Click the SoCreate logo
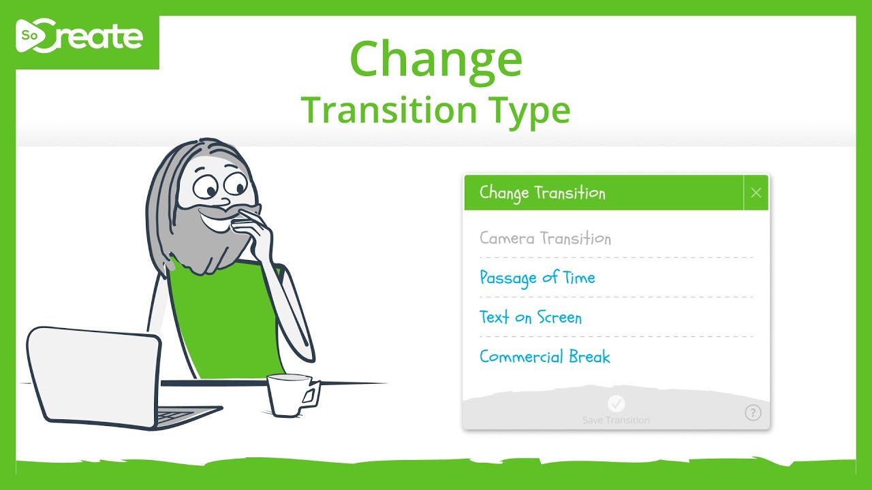(x=80, y=38)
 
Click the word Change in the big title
(x=436, y=59)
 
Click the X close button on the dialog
(x=756, y=193)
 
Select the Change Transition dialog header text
(x=542, y=193)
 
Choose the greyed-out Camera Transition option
(x=545, y=238)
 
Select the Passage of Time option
(x=537, y=278)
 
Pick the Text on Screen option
(x=530, y=317)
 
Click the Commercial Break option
(x=544, y=357)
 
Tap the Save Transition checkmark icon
(x=616, y=404)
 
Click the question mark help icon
(x=752, y=412)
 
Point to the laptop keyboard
(x=177, y=414)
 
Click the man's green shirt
(x=218, y=320)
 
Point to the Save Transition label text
(x=616, y=421)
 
